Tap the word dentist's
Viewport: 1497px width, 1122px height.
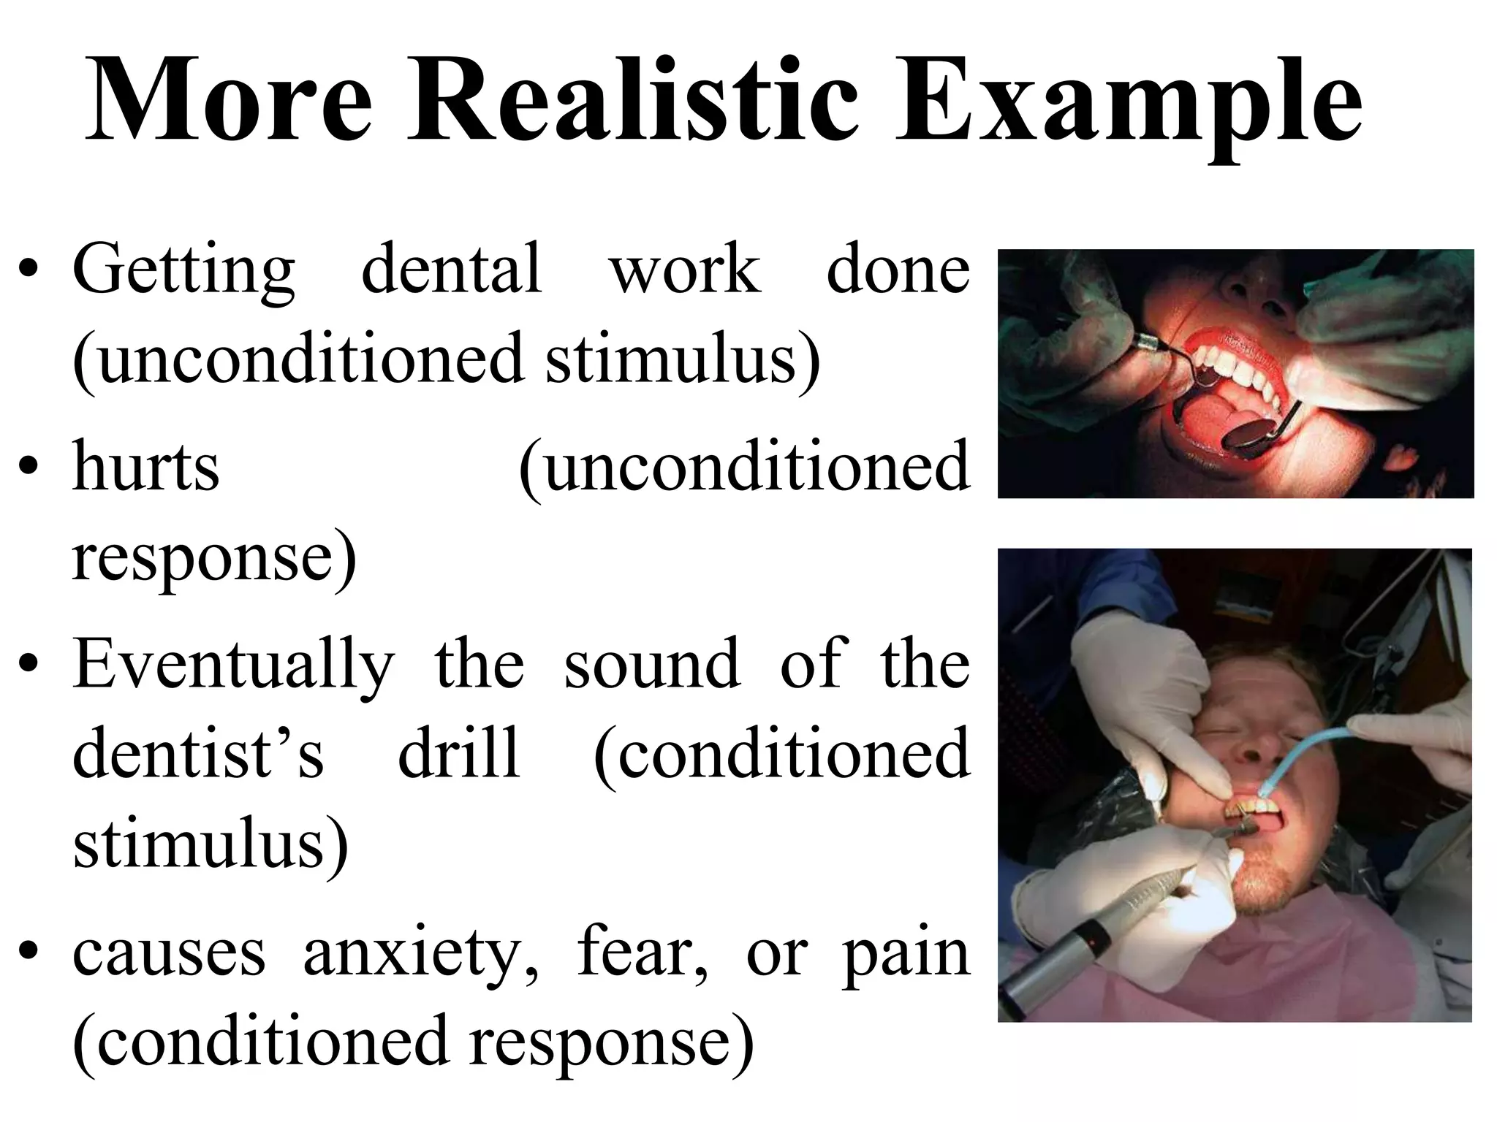pyautogui.click(x=198, y=752)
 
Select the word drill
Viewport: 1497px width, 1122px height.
pyautogui.click(x=458, y=752)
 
